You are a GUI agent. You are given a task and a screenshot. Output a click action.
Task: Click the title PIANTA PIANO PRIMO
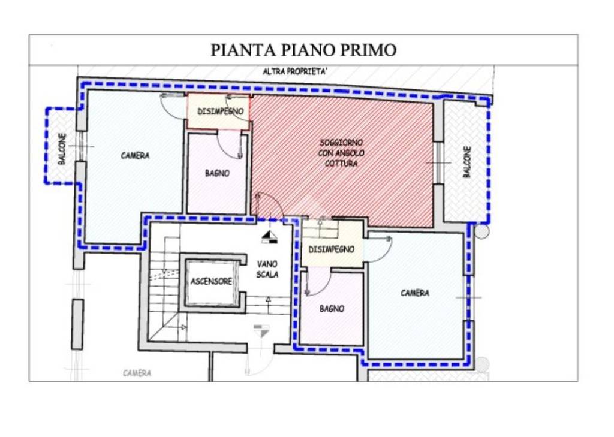tap(303, 50)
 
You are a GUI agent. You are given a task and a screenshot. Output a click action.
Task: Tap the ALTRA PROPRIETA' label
tap(295, 72)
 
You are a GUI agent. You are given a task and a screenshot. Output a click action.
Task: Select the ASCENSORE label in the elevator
tap(211, 281)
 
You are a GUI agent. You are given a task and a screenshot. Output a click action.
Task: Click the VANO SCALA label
tap(267, 269)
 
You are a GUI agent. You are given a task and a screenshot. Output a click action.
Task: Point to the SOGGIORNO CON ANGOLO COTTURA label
tap(342, 153)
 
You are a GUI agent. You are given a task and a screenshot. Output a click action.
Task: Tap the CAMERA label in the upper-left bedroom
tap(135, 156)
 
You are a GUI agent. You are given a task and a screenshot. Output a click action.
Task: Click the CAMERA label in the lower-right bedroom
tap(415, 293)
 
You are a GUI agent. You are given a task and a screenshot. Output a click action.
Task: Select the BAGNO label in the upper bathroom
tap(216, 173)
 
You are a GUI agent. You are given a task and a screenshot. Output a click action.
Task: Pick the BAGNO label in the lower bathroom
tap(332, 309)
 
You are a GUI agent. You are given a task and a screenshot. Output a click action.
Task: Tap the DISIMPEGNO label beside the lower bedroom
tap(332, 249)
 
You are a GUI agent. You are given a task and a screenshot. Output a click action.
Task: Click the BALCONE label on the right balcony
tap(467, 162)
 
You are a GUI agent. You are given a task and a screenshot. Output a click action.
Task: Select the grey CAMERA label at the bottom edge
tap(137, 373)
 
